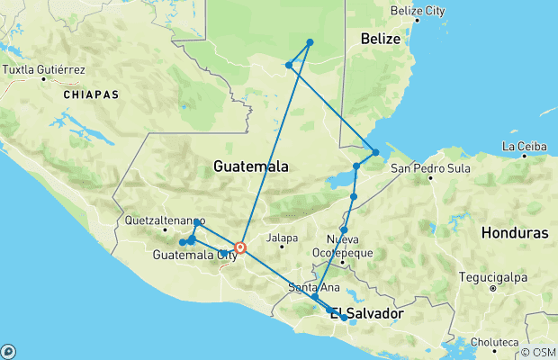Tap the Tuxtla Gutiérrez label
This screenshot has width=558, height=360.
click(x=44, y=69)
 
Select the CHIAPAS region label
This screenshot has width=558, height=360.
click(x=90, y=94)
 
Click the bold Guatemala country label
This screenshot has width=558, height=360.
click(x=251, y=166)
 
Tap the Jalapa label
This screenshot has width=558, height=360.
click(x=282, y=238)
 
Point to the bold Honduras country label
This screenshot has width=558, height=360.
click(x=514, y=232)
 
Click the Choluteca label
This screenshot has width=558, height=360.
click(x=493, y=343)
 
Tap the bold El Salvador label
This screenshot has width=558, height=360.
click(x=365, y=314)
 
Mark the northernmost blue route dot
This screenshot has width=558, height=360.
click(x=310, y=42)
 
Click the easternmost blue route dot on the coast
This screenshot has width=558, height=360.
click(x=375, y=152)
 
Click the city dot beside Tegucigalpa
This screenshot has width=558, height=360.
click(x=493, y=289)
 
